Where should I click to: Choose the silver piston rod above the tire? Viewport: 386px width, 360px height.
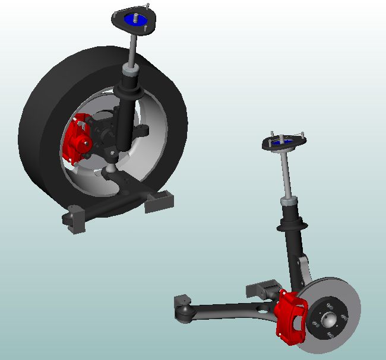(133, 50)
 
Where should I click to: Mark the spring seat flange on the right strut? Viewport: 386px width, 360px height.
(293, 225)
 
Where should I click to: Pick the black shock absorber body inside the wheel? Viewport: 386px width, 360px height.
(125, 119)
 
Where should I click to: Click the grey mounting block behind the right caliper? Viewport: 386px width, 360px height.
(261, 290)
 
